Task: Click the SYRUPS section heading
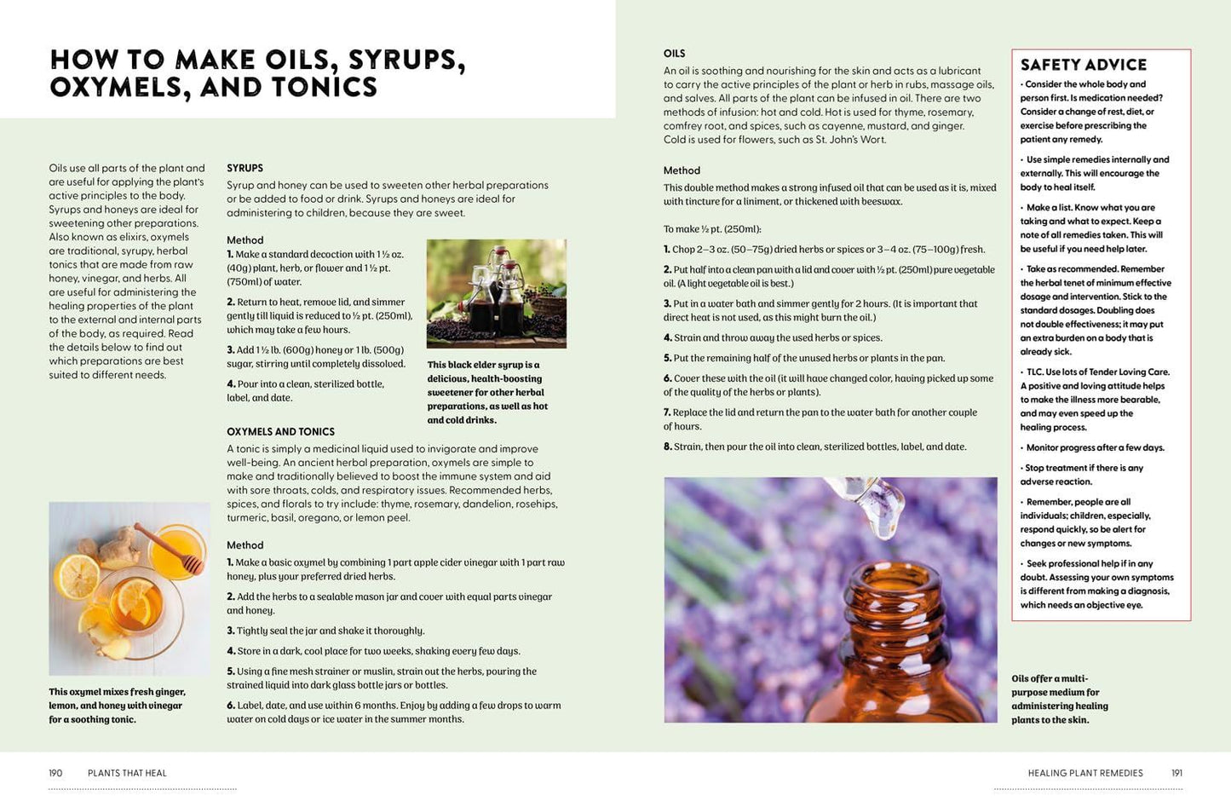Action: pos(244,168)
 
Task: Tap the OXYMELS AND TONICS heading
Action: pos(281,431)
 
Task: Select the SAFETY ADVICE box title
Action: pos(1083,65)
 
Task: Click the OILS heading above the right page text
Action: pos(675,54)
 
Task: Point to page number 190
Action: pos(55,773)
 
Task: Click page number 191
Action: pos(1176,773)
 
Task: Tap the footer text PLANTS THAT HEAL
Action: pos(127,773)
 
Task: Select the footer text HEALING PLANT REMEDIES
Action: pos(1085,773)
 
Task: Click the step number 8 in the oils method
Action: pos(668,447)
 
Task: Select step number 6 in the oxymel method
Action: pos(231,706)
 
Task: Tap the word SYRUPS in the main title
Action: pos(406,60)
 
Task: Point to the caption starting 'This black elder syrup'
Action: pos(487,392)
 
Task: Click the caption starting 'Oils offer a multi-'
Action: pos(1060,699)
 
